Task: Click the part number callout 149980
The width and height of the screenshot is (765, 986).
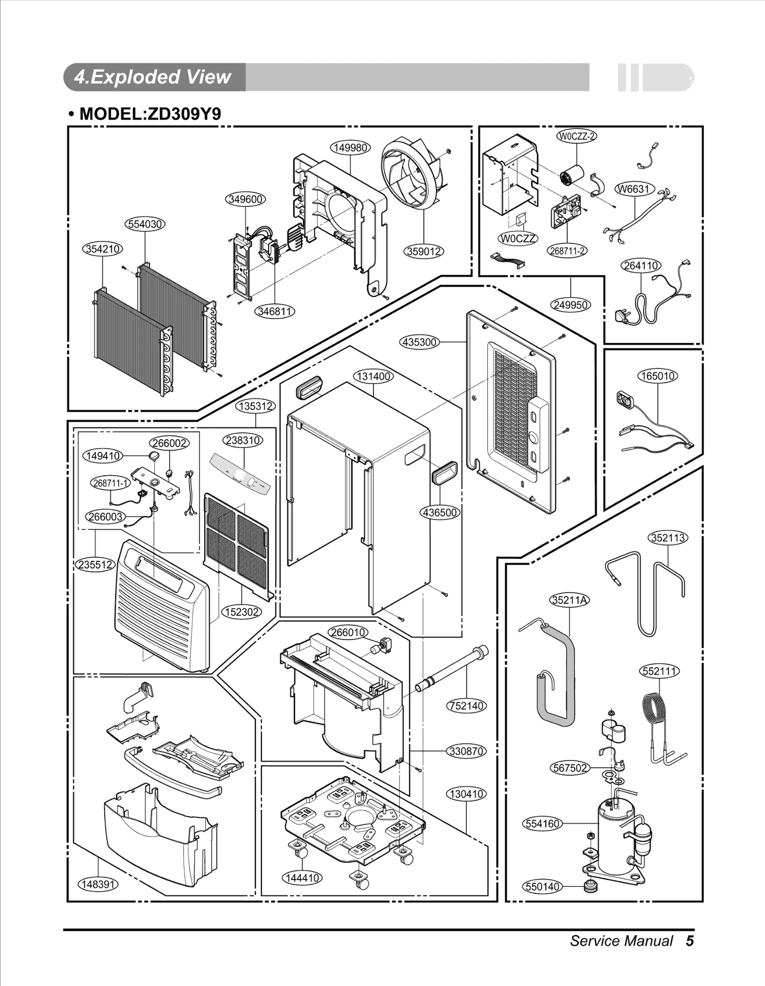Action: tap(350, 148)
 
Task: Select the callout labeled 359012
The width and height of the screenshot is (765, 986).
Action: tap(424, 251)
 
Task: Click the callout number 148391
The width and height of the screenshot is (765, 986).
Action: tap(98, 884)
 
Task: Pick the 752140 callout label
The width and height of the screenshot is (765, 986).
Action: tap(466, 706)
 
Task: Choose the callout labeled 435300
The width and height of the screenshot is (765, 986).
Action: tap(419, 342)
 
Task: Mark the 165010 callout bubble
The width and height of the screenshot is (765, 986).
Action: tap(657, 376)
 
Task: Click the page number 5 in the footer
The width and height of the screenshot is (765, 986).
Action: tap(689, 941)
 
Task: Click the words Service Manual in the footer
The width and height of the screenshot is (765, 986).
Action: tap(621, 941)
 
